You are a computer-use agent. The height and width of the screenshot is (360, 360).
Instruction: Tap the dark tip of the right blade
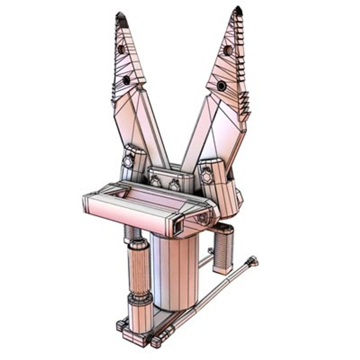pyautogui.click(x=238, y=11)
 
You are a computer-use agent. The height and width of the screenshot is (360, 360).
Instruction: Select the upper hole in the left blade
pyautogui.click(x=121, y=49)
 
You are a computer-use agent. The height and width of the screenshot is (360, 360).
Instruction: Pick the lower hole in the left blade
pyautogui.click(x=126, y=80)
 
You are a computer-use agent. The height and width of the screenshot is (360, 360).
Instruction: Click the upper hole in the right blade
pyautogui.click(x=228, y=50)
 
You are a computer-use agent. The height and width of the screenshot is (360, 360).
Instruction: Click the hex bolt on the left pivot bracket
pyautogui.click(x=128, y=162)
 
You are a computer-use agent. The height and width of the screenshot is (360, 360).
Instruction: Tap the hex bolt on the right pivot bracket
pyautogui.click(x=207, y=177)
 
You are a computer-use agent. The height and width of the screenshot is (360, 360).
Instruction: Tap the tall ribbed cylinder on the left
pyautogui.click(x=139, y=270)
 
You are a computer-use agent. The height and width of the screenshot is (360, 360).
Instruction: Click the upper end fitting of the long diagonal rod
pyautogui.click(x=252, y=261)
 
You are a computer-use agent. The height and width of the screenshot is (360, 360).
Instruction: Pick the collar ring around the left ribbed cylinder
pyautogui.click(x=140, y=299)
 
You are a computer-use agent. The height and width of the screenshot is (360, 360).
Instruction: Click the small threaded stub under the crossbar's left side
pyautogui.click(x=132, y=233)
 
